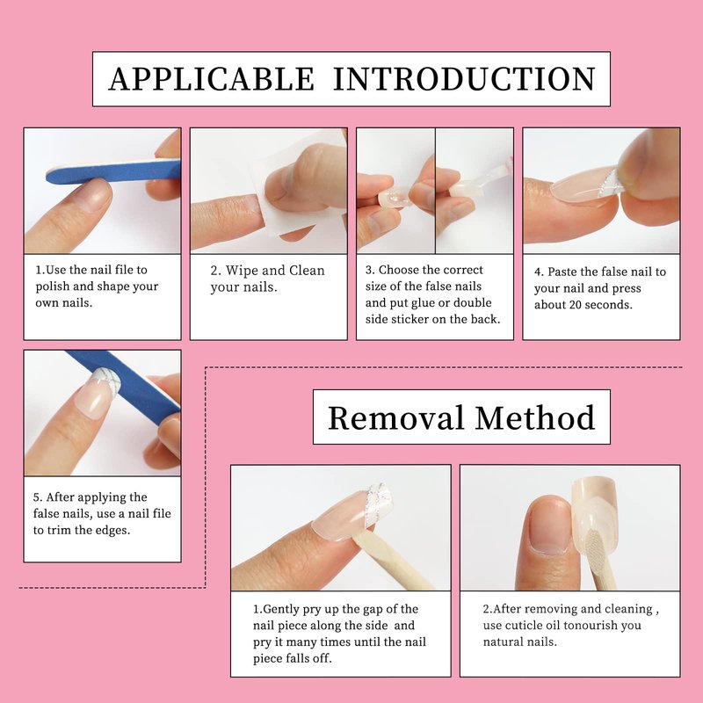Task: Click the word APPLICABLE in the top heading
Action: pyautogui.click(x=212, y=79)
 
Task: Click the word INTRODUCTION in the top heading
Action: pyautogui.click(x=465, y=79)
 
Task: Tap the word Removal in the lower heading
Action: pyautogui.click(x=395, y=418)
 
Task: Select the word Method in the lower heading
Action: pyautogui.click(x=535, y=418)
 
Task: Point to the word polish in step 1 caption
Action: pyautogui.click(x=51, y=286)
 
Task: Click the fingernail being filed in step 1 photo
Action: pyautogui.click(x=94, y=196)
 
